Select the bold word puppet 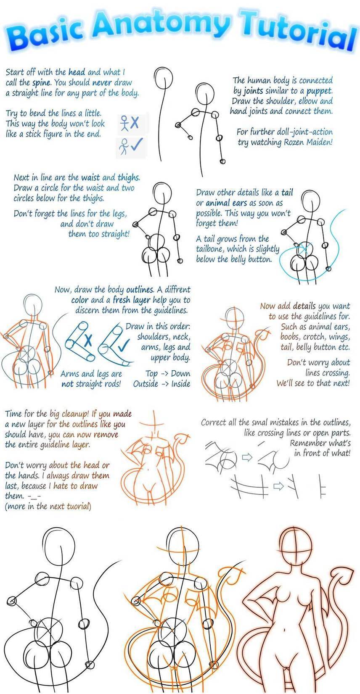click(x=319, y=91)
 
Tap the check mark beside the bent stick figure click(x=137, y=144)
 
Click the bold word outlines click(x=140, y=290)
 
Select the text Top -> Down click(x=168, y=374)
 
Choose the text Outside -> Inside click(x=161, y=384)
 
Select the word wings click(x=339, y=337)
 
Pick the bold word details click(x=304, y=306)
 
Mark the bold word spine click(x=41, y=83)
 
